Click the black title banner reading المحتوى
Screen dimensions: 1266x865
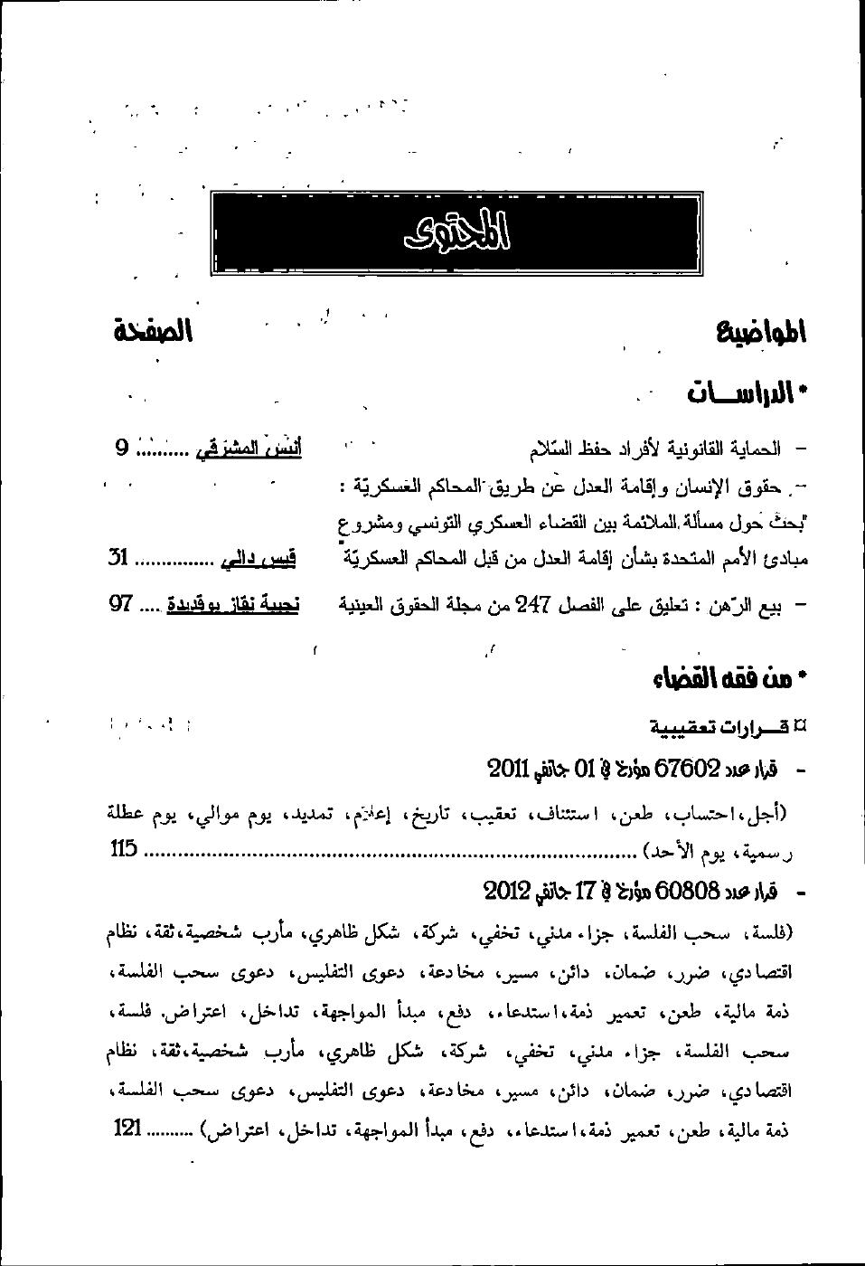[456, 233]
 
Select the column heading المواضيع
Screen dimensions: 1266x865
[761, 332]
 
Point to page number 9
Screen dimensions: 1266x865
[121, 447]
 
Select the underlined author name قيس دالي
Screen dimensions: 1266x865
[257, 560]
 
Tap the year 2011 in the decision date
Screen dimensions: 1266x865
[508, 770]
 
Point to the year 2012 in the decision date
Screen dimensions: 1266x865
[505, 891]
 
